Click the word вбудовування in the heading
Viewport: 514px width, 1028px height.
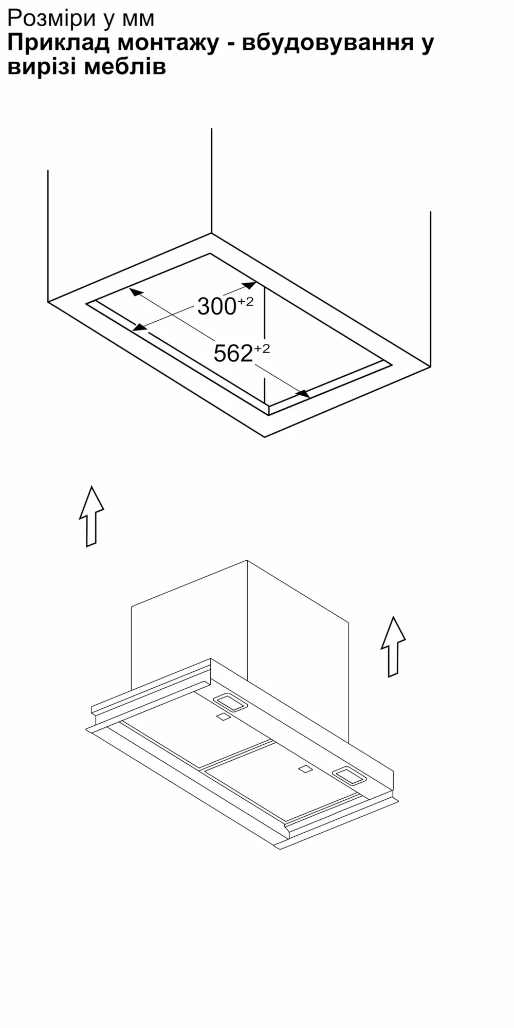click(x=327, y=43)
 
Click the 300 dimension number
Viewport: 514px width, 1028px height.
click(x=216, y=307)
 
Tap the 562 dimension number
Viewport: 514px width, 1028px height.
click(x=233, y=354)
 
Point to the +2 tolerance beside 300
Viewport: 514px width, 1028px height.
click(x=245, y=302)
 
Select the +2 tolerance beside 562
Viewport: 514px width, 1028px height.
click(x=262, y=348)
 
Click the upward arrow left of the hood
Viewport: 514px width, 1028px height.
click(x=91, y=516)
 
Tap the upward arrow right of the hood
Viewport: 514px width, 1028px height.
click(x=393, y=647)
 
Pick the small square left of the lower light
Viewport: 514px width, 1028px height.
click(x=305, y=769)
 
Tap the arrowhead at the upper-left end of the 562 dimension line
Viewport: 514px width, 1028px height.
click(x=135, y=292)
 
